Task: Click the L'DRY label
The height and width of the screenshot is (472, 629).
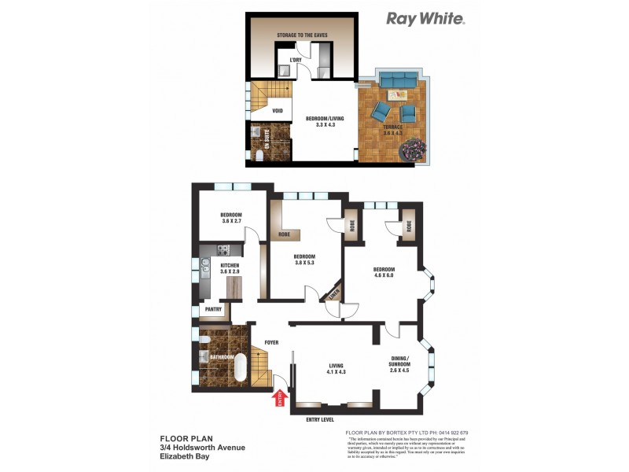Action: coord(296,61)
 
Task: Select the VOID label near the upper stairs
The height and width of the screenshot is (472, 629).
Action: coord(278,111)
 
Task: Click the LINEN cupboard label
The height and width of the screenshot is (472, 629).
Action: coord(335,292)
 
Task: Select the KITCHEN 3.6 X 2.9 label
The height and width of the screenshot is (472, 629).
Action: coord(230,270)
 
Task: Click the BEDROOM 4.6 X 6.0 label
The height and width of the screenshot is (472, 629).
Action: coord(382,271)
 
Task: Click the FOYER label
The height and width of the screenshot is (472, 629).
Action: coord(271,342)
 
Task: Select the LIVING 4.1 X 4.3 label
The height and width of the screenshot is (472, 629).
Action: coord(337,368)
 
